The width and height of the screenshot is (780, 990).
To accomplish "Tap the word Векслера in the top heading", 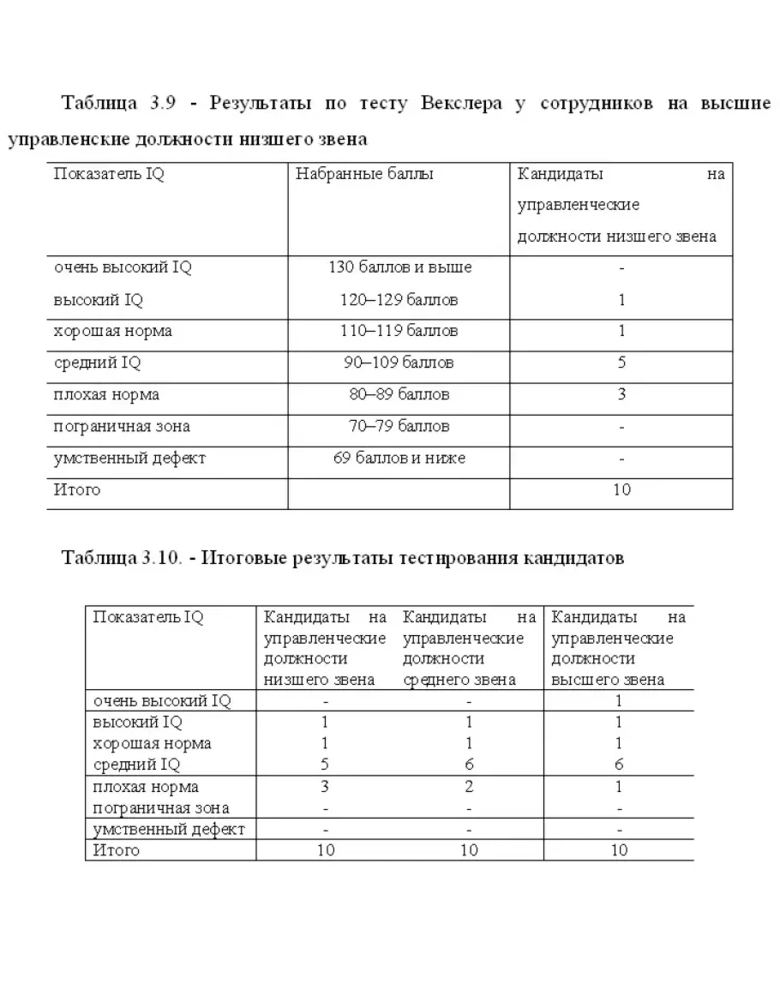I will tap(463, 104).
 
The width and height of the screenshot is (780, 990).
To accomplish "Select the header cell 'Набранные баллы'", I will tap(364, 175).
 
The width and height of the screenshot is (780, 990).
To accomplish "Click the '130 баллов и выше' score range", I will tap(399, 267).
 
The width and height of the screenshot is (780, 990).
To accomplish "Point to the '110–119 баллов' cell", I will tap(399, 331).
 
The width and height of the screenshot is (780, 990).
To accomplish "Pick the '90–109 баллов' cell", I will tap(399, 363).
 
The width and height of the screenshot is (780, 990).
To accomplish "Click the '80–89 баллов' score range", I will tap(399, 394).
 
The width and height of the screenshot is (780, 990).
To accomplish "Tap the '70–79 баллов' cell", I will tap(399, 426).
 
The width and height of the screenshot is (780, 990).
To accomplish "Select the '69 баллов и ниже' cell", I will tap(399, 458).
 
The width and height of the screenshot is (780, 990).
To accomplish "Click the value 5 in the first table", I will tap(621, 363).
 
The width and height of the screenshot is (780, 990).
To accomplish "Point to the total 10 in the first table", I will tap(621, 489).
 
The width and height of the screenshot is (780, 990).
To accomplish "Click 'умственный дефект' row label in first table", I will tap(129, 458).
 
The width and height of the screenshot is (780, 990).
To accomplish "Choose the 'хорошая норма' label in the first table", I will tap(112, 331).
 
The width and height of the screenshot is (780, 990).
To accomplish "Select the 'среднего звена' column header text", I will tap(459, 680).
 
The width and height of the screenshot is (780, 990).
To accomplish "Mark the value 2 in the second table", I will tap(469, 787).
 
